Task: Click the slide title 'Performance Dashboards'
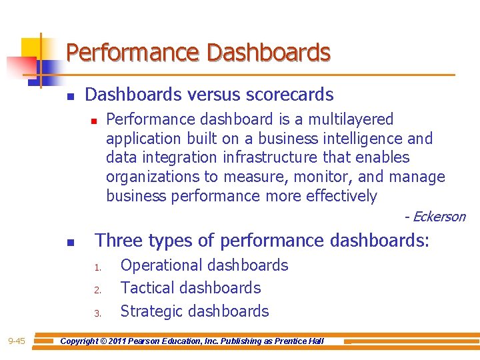(x=198, y=52)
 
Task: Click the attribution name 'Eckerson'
(x=439, y=217)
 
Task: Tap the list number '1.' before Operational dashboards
(x=97, y=268)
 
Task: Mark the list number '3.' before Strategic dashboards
(x=97, y=313)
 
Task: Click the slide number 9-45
(x=17, y=341)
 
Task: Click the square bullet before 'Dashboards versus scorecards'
(x=70, y=97)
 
